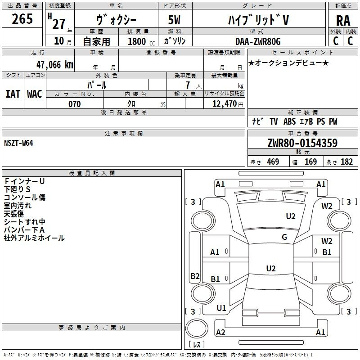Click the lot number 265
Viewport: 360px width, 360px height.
coord(22,19)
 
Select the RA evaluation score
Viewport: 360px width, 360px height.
coord(343,21)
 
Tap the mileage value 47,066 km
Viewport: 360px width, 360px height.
coord(54,65)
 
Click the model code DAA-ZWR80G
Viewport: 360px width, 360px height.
coord(258,41)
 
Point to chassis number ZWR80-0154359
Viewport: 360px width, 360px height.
coord(302,143)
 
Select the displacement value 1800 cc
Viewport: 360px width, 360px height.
coord(141,41)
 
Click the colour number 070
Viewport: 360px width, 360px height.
coord(75,104)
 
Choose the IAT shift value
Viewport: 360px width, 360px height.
coord(13,94)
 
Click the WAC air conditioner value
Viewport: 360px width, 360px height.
coord(35,94)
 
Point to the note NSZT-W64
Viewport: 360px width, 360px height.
coord(18,143)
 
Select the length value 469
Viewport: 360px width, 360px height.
coord(273,162)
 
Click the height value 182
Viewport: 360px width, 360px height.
coord(346,162)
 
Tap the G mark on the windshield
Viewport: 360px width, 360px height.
coord(284,237)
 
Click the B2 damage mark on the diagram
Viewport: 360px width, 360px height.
coord(195,276)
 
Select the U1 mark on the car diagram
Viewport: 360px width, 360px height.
coord(221,308)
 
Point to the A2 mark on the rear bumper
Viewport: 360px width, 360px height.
coord(220,332)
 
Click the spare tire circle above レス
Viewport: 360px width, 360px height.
coord(197,328)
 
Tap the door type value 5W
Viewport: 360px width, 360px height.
coord(174,20)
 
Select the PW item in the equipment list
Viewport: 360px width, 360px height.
coord(333,121)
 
